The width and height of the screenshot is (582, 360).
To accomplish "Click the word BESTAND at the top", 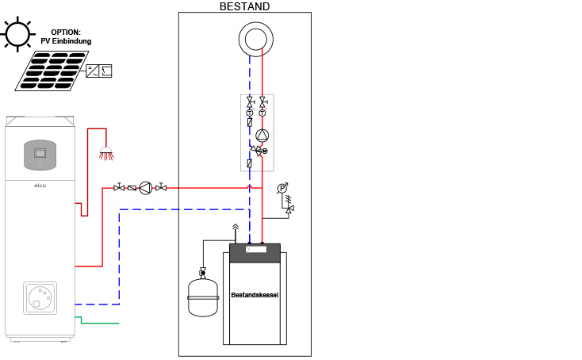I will [x=244, y=6].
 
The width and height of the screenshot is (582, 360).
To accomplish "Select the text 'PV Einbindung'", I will [x=66, y=41].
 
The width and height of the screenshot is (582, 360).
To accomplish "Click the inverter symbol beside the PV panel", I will [x=98, y=70].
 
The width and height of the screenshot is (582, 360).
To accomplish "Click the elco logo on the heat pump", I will [x=39, y=186].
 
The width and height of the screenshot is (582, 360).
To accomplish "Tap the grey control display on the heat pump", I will [x=40, y=151].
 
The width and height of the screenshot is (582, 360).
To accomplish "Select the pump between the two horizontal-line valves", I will [x=146, y=188].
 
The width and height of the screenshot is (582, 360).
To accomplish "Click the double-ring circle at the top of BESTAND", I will [x=256, y=39].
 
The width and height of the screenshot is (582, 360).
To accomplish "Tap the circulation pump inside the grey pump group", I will [x=263, y=136].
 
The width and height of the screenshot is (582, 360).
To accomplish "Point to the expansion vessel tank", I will [x=202, y=298].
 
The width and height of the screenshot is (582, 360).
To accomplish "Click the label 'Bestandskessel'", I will [x=255, y=295].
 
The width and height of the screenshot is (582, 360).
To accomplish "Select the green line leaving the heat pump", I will [x=99, y=323].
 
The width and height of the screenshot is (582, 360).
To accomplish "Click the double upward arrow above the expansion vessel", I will [x=235, y=228].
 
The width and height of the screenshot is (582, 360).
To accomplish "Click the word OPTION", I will [x=66, y=33].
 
